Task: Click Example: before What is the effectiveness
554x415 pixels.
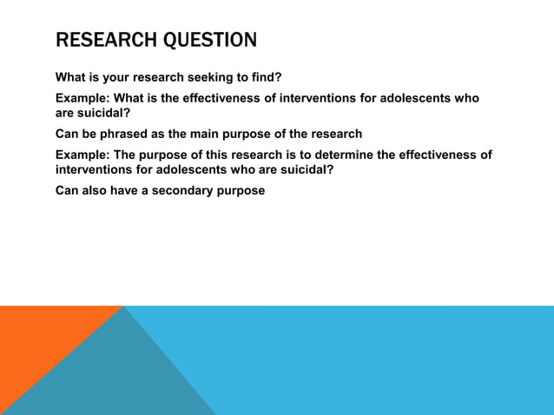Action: (x=83, y=99)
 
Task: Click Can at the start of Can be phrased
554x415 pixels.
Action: (x=67, y=134)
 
